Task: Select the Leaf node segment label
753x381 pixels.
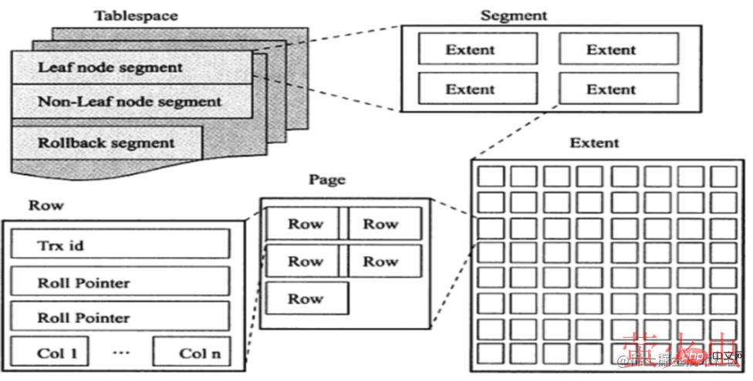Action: tap(110, 67)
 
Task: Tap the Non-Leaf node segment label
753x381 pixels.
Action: tap(130, 101)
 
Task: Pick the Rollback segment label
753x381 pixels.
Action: tap(106, 143)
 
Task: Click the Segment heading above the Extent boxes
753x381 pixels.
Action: tap(514, 15)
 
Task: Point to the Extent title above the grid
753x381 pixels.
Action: tap(594, 143)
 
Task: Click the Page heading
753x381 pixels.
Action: tap(327, 180)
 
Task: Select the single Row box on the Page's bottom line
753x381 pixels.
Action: tap(306, 298)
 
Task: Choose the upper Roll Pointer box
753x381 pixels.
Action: tap(120, 282)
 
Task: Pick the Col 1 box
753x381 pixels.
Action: tap(49, 352)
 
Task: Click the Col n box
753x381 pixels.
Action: tap(191, 352)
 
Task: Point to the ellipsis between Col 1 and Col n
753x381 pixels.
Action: tap(120, 352)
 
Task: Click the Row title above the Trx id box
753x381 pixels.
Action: tap(46, 206)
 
